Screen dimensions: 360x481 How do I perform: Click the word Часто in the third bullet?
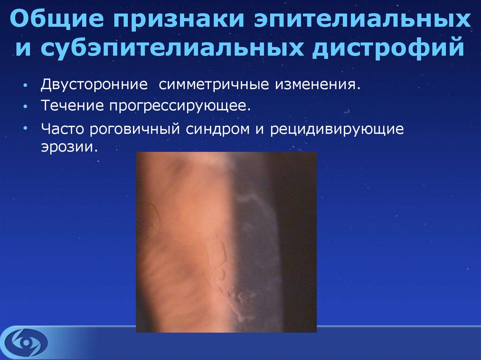tap(62, 129)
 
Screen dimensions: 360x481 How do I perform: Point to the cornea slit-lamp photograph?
tap(226, 242)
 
